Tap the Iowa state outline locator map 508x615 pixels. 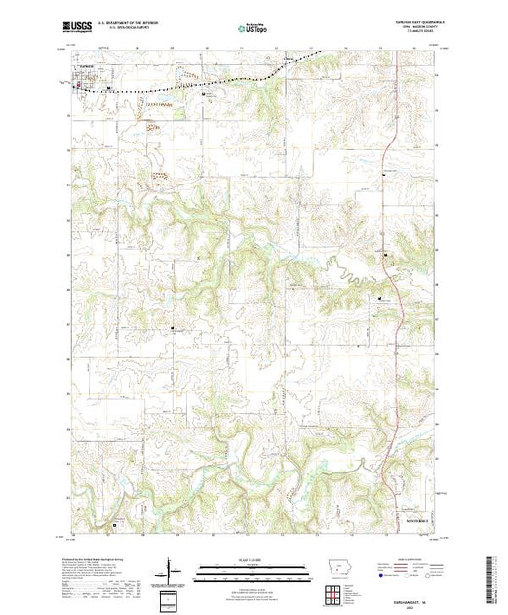coord(333,576)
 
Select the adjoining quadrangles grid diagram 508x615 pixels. coord(333,594)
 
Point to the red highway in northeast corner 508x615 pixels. coord(388,146)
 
